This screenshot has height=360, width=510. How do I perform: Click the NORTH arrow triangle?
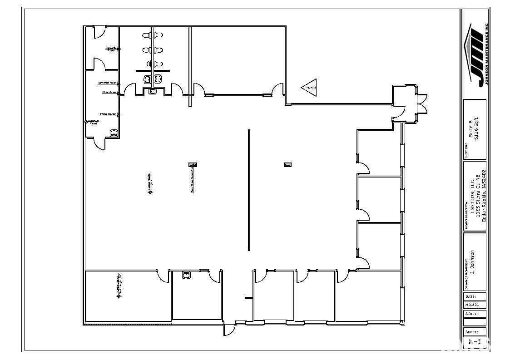[309, 87]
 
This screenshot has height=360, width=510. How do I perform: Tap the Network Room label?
[110, 49]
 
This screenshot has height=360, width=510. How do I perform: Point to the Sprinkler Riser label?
[107, 83]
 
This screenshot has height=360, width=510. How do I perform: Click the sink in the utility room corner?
[114, 133]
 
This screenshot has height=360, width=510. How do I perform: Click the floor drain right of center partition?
[287, 164]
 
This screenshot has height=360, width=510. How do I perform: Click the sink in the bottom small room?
[186, 275]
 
